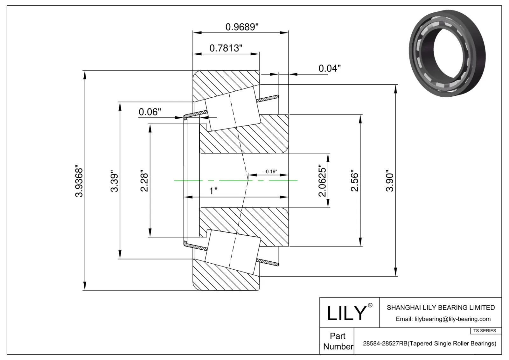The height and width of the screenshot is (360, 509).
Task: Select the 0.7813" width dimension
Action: pos(226,48)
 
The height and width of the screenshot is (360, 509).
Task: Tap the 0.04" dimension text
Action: pos(330,68)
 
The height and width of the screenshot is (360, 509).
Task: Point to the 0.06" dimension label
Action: pos(150,112)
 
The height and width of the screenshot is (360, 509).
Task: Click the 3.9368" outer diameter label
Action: pos(79,181)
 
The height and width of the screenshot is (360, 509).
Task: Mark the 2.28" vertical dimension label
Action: pos(144,182)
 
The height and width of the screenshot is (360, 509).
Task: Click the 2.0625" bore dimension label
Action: pos(322,181)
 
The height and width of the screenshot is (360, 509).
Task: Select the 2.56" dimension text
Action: pos(354,182)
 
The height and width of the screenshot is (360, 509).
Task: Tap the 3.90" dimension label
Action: pos(390,182)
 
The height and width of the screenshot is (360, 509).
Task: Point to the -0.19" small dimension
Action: pos(270,172)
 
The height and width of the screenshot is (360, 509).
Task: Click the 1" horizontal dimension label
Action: pos(213,191)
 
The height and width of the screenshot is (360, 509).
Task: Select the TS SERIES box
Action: pos(485,331)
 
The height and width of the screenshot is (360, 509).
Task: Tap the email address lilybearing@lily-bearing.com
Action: pos(443,319)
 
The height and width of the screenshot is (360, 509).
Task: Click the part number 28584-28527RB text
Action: pos(429,343)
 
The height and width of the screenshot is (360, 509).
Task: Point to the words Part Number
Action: pos(338,341)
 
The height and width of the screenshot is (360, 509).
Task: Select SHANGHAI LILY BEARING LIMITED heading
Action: pos(441,308)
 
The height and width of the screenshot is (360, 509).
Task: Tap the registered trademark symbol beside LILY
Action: pos(370,305)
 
